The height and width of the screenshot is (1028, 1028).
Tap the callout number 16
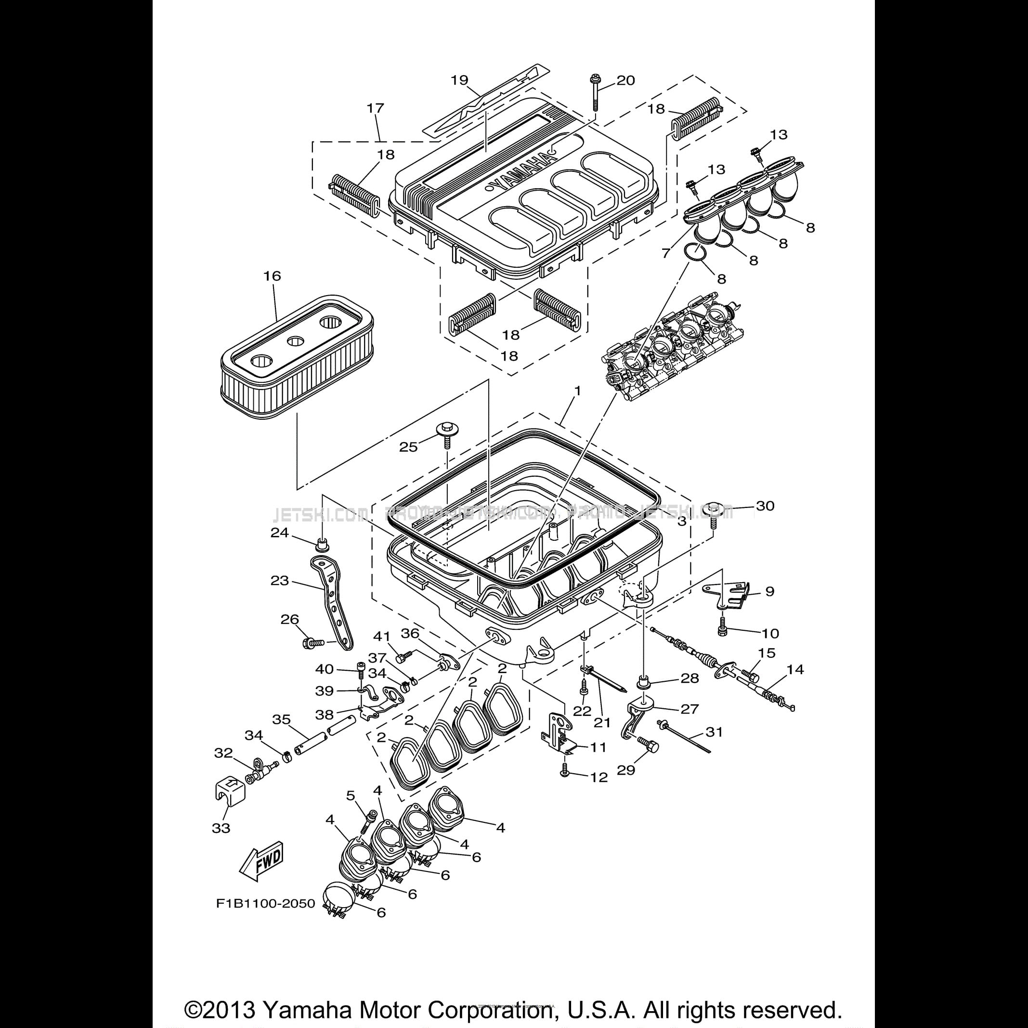[x=272, y=276]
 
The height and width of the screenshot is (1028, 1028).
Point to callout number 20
[x=626, y=80]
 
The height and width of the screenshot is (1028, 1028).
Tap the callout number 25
[x=409, y=447]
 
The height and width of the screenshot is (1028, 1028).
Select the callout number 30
[x=765, y=506]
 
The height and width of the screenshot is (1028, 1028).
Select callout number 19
[x=459, y=80]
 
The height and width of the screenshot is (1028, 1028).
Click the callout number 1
[x=577, y=390]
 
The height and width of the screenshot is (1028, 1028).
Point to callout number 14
[x=795, y=669]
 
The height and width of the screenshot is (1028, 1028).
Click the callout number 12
[x=599, y=778]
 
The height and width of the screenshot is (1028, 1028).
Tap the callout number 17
[x=375, y=108]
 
